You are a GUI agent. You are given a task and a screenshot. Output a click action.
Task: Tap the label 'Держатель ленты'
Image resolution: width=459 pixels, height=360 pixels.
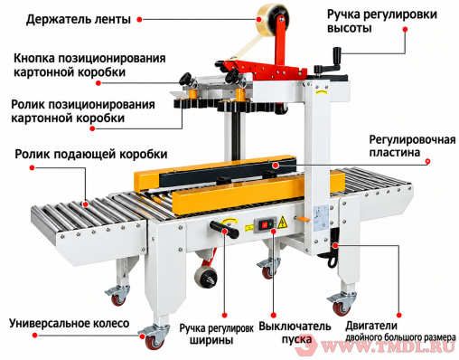(79, 19)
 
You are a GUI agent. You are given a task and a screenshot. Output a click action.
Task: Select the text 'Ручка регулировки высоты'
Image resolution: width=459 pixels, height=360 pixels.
(382, 21)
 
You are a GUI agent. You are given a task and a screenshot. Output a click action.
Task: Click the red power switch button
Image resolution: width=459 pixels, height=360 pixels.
(264, 224)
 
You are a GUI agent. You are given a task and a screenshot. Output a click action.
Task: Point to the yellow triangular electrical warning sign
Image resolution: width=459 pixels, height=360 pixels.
(282, 223)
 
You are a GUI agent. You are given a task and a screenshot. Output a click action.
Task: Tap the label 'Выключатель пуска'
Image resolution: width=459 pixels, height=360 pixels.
(295, 333)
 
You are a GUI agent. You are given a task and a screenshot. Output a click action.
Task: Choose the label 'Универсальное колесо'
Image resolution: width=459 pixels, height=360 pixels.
(70, 323)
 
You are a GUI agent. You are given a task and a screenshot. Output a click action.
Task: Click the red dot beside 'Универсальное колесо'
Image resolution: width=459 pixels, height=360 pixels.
(34, 335)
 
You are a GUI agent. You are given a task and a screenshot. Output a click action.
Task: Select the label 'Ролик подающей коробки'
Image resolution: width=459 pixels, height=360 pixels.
(91, 154)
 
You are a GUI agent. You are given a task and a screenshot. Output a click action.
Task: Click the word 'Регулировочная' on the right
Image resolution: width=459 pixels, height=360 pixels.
(412, 140)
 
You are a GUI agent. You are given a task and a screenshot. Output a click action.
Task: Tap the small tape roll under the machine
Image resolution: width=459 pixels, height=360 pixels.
(206, 277)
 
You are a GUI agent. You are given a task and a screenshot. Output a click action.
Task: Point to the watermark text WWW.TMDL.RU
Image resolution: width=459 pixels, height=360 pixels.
(389, 347)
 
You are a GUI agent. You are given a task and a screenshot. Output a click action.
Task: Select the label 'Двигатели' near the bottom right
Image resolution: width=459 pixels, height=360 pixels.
(371, 326)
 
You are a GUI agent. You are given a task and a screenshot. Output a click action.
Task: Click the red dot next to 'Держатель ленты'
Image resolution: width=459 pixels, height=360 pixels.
(139, 19)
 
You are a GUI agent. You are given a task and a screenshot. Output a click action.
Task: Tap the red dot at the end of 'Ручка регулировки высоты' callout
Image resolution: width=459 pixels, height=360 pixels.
(405, 29)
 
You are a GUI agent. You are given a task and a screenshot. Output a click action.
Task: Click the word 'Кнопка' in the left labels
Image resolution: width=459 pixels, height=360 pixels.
(33, 58)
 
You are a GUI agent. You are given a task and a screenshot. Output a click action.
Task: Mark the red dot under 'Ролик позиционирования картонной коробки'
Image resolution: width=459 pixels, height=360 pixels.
(92, 128)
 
